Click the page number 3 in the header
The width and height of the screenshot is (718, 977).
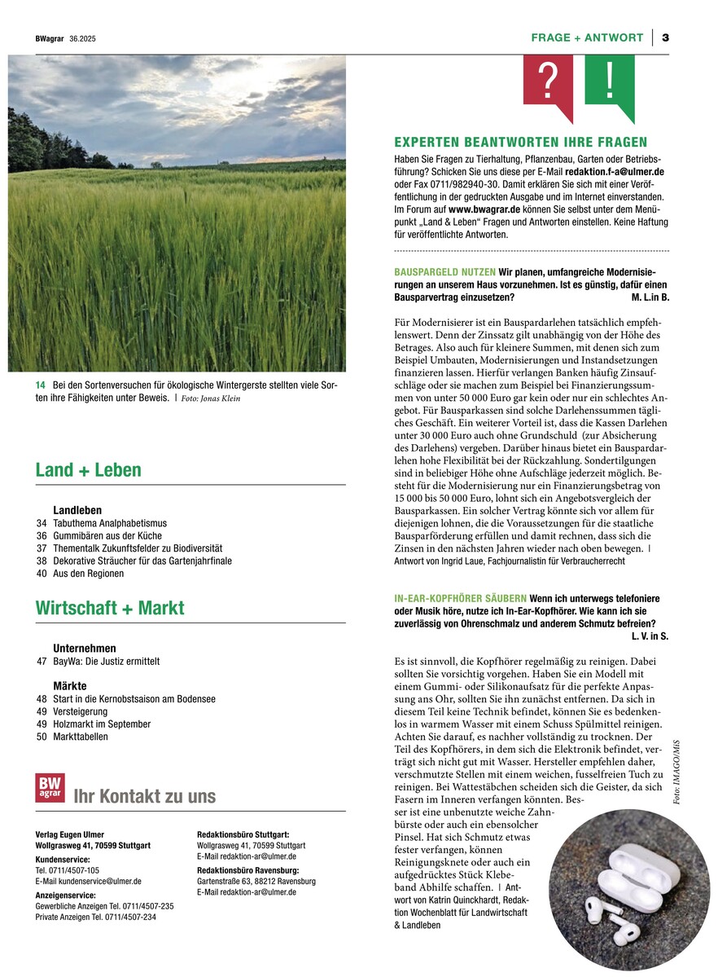(665, 37)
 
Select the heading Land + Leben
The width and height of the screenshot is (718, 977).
(88, 470)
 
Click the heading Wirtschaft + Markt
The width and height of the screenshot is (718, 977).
(110, 608)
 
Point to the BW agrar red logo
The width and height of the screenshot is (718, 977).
(50, 788)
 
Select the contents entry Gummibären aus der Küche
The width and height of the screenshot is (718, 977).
(107, 536)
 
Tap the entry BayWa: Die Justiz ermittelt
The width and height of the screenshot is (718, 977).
(107, 662)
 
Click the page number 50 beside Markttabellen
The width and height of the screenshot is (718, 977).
(42, 737)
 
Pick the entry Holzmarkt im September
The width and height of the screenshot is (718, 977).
(102, 724)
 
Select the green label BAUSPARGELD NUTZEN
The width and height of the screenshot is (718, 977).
(444, 271)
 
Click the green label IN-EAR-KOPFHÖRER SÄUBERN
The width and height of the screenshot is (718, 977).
(460, 598)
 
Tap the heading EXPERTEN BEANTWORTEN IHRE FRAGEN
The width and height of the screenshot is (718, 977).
(520, 142)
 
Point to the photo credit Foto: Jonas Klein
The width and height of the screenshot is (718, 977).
(211, 398)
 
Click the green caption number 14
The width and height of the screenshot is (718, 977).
(40, 385)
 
